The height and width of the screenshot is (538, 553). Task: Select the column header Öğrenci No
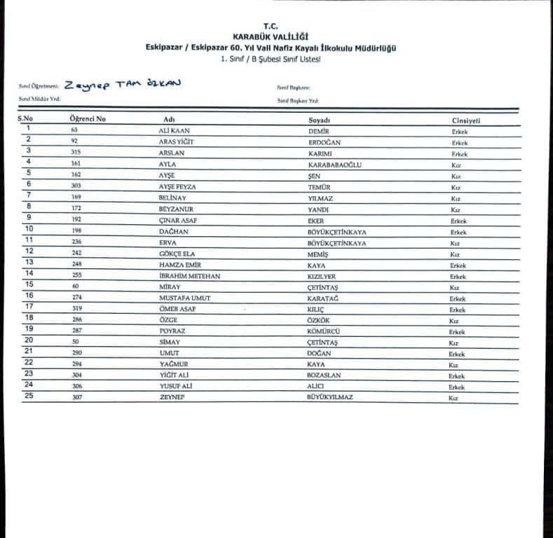(x=88, y=119)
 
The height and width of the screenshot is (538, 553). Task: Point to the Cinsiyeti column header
(x=466, y=120)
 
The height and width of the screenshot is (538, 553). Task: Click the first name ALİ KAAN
(x=175, y=131)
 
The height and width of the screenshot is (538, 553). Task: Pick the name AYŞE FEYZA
(x=178, y=187)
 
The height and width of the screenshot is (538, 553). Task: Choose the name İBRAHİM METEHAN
(x=190, y=276)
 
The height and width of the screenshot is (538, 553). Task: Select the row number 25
(x=29, y=396)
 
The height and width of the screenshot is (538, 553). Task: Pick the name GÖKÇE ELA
(x=177, y=254)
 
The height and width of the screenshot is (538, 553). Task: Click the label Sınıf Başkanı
(x=294, y=88)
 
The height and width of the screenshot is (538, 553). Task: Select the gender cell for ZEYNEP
(x=453, y=398)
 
